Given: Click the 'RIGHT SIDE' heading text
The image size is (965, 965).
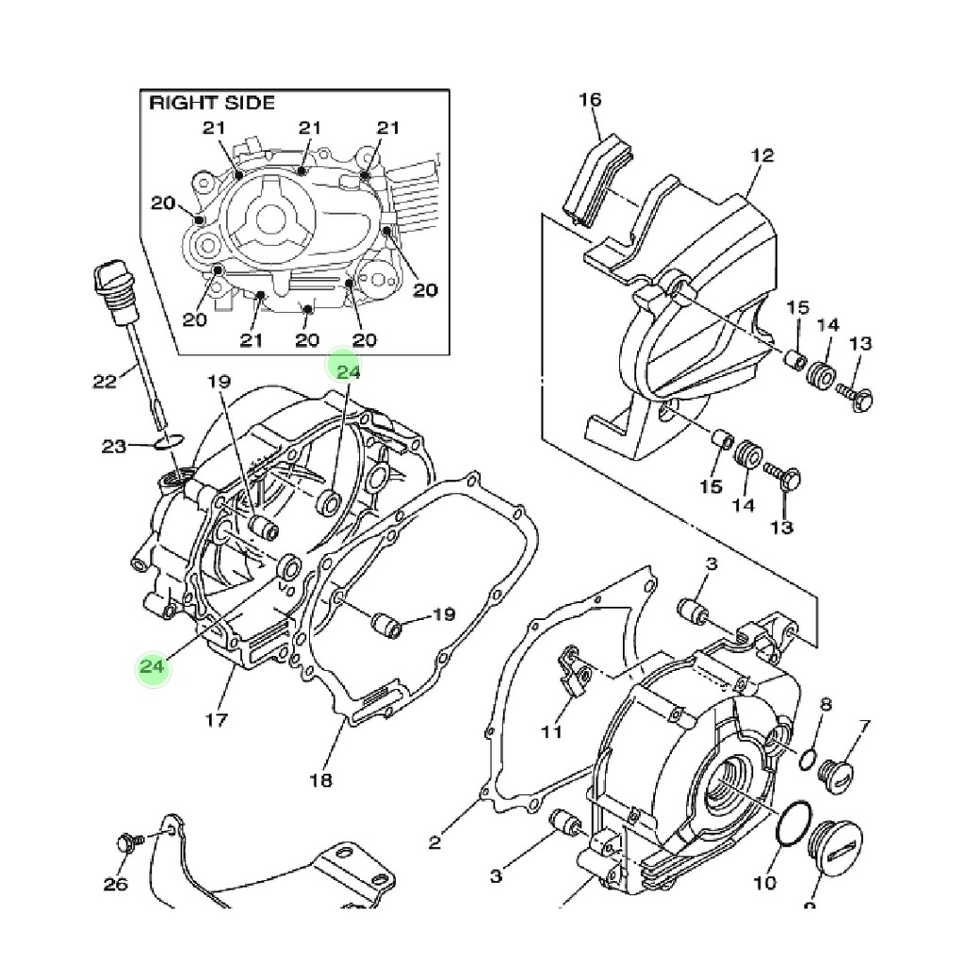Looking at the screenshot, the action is click(x=212, y=103).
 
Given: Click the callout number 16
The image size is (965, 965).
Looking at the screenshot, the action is click(x=590, y=100).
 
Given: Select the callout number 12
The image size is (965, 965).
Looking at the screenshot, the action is click(x=761, y=155).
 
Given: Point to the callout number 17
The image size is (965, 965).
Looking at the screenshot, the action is click(x=216, y=719).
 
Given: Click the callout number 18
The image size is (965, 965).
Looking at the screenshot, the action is click(x=320, y=780).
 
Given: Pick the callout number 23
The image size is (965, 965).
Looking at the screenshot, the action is click(x=113, y=446).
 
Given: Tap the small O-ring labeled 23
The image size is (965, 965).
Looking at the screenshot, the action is click(x=170, y=441).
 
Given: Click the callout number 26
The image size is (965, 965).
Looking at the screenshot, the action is click(x=115, y=884).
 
